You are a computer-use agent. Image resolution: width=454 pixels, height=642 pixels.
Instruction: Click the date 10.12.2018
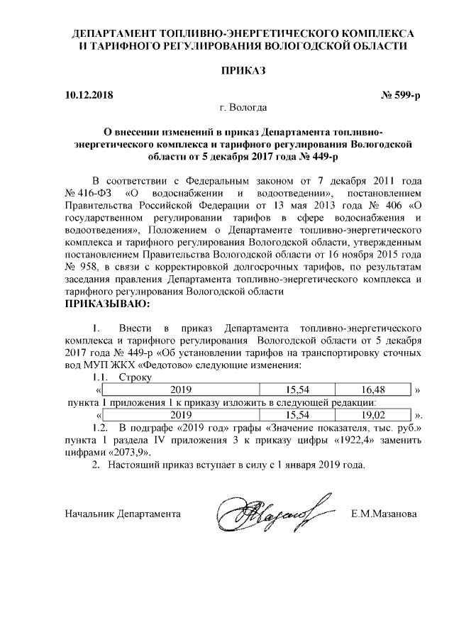point(88,94)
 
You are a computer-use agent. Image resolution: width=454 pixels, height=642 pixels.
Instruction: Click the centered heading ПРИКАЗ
point(243,71)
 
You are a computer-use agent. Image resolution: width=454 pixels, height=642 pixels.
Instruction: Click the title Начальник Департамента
point(122,513)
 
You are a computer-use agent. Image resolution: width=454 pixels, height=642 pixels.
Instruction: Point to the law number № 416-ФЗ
point(89,194)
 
